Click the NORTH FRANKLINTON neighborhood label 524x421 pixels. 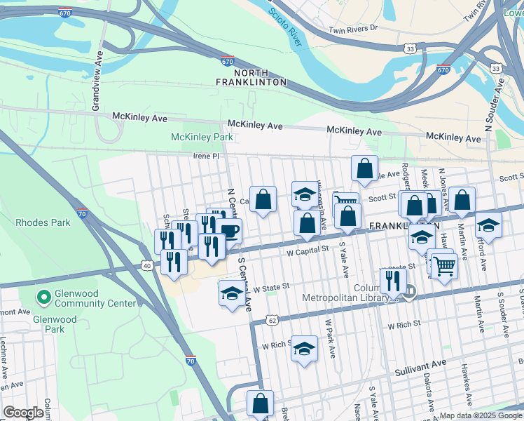pos(261,77)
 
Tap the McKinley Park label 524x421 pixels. pos(202,137)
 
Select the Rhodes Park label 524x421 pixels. pos(43,222)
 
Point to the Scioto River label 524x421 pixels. pos(286,25)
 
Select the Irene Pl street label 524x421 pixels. pos(207,156)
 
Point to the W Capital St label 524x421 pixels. pos(307,250)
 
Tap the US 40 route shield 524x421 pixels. pos(146,265)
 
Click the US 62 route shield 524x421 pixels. pos(271,321)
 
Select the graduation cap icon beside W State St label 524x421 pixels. pos(232,293)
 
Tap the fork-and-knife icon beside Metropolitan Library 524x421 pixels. pos(393,280)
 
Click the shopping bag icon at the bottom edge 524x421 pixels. pos(260,403)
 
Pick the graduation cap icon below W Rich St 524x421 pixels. pos(303,348)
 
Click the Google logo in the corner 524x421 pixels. pos(25,413)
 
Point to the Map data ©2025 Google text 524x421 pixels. pos(480,415)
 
